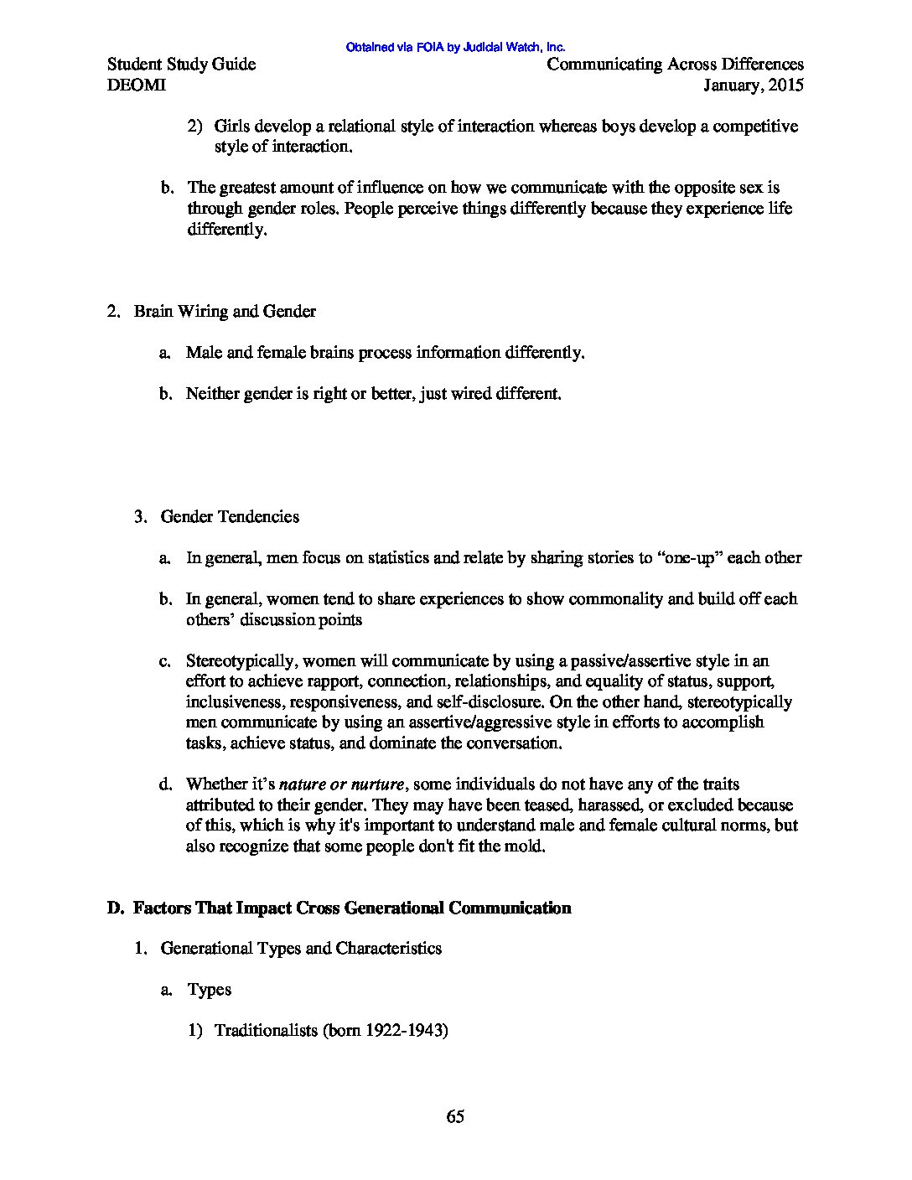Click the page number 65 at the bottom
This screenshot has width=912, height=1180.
pos(455,1116)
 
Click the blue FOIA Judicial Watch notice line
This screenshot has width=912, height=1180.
pos(455,48)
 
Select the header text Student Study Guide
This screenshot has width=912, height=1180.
pos(182,65)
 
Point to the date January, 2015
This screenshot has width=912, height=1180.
pos(754,85)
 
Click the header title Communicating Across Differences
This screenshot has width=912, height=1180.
pos(675,65)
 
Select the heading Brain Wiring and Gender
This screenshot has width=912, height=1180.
pos(225,312)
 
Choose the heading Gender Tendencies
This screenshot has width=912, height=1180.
pos(230,516)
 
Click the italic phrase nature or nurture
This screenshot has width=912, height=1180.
pos(343,784)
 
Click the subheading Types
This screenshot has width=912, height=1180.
pos(209,990)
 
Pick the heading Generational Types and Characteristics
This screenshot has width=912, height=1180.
pos(301,949)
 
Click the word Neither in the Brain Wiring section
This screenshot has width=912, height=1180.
pos(213,393)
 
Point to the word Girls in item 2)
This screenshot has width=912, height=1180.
pos(231,127)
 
